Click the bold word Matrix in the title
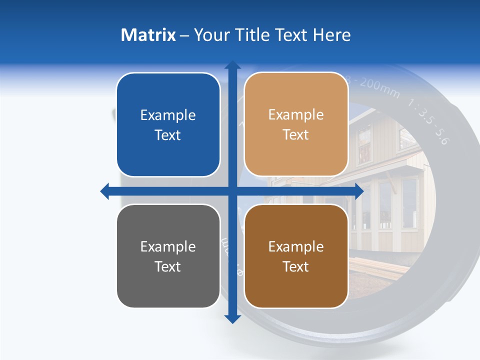tap(148, 35)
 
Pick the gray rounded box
tap(168, 285)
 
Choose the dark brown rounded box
tap(296, 285)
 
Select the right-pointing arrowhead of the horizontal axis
tap(358, 191)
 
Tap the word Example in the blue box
tap(168, 115)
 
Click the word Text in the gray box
tap(168, 266)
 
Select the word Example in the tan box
tap(296, 114)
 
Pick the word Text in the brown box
tap(296, 266)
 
